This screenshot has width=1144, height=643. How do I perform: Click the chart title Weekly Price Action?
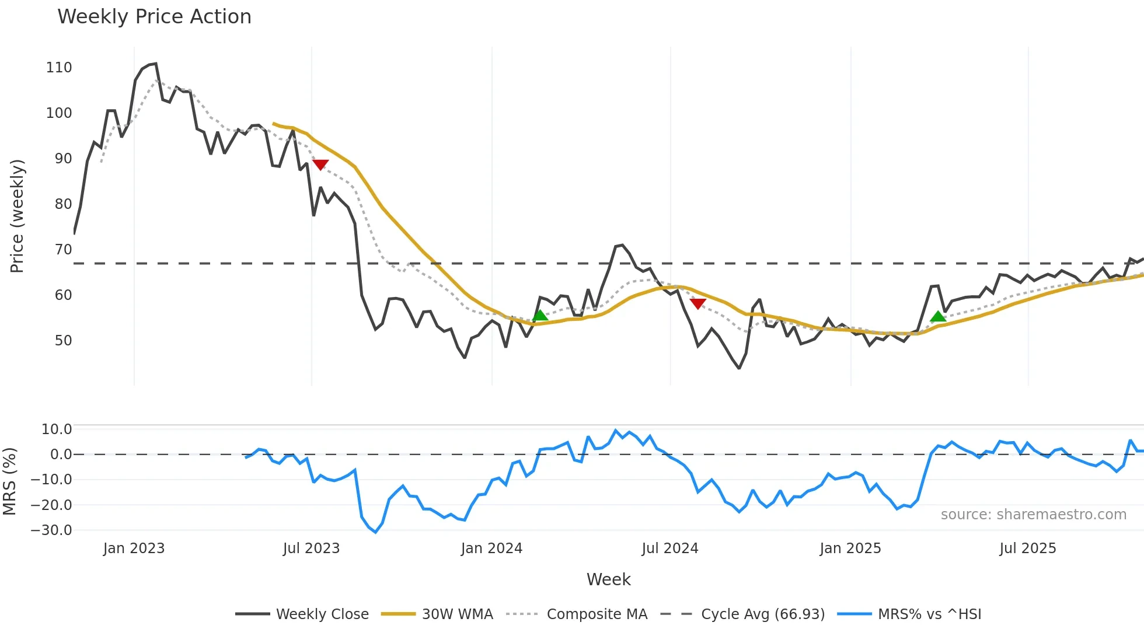point(154,17)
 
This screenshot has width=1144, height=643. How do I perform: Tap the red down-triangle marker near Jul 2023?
point(320,165)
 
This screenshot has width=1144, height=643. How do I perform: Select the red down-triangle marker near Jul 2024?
point(698,303)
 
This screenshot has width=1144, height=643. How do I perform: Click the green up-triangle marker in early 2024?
point(540,316)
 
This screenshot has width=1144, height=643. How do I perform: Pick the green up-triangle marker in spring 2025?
point(938,317)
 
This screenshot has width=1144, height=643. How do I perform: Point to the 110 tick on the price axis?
point(59,68)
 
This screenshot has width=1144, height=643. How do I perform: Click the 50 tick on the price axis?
point(63,341)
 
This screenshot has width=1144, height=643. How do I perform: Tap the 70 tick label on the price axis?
point(63,250)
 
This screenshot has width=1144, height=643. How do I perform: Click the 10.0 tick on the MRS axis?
point(56,429)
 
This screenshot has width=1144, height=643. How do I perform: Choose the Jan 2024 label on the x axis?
point(491,548)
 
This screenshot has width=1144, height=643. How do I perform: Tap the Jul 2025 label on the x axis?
point(1027,548)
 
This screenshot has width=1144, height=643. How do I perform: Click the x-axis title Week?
point(608,579)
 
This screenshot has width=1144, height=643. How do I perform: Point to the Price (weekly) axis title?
point(17,216)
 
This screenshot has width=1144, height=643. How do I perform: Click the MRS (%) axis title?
point(9,481)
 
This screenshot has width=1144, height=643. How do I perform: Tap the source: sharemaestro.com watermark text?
point(1033,515)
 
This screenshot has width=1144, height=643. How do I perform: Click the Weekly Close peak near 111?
point(155,64)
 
